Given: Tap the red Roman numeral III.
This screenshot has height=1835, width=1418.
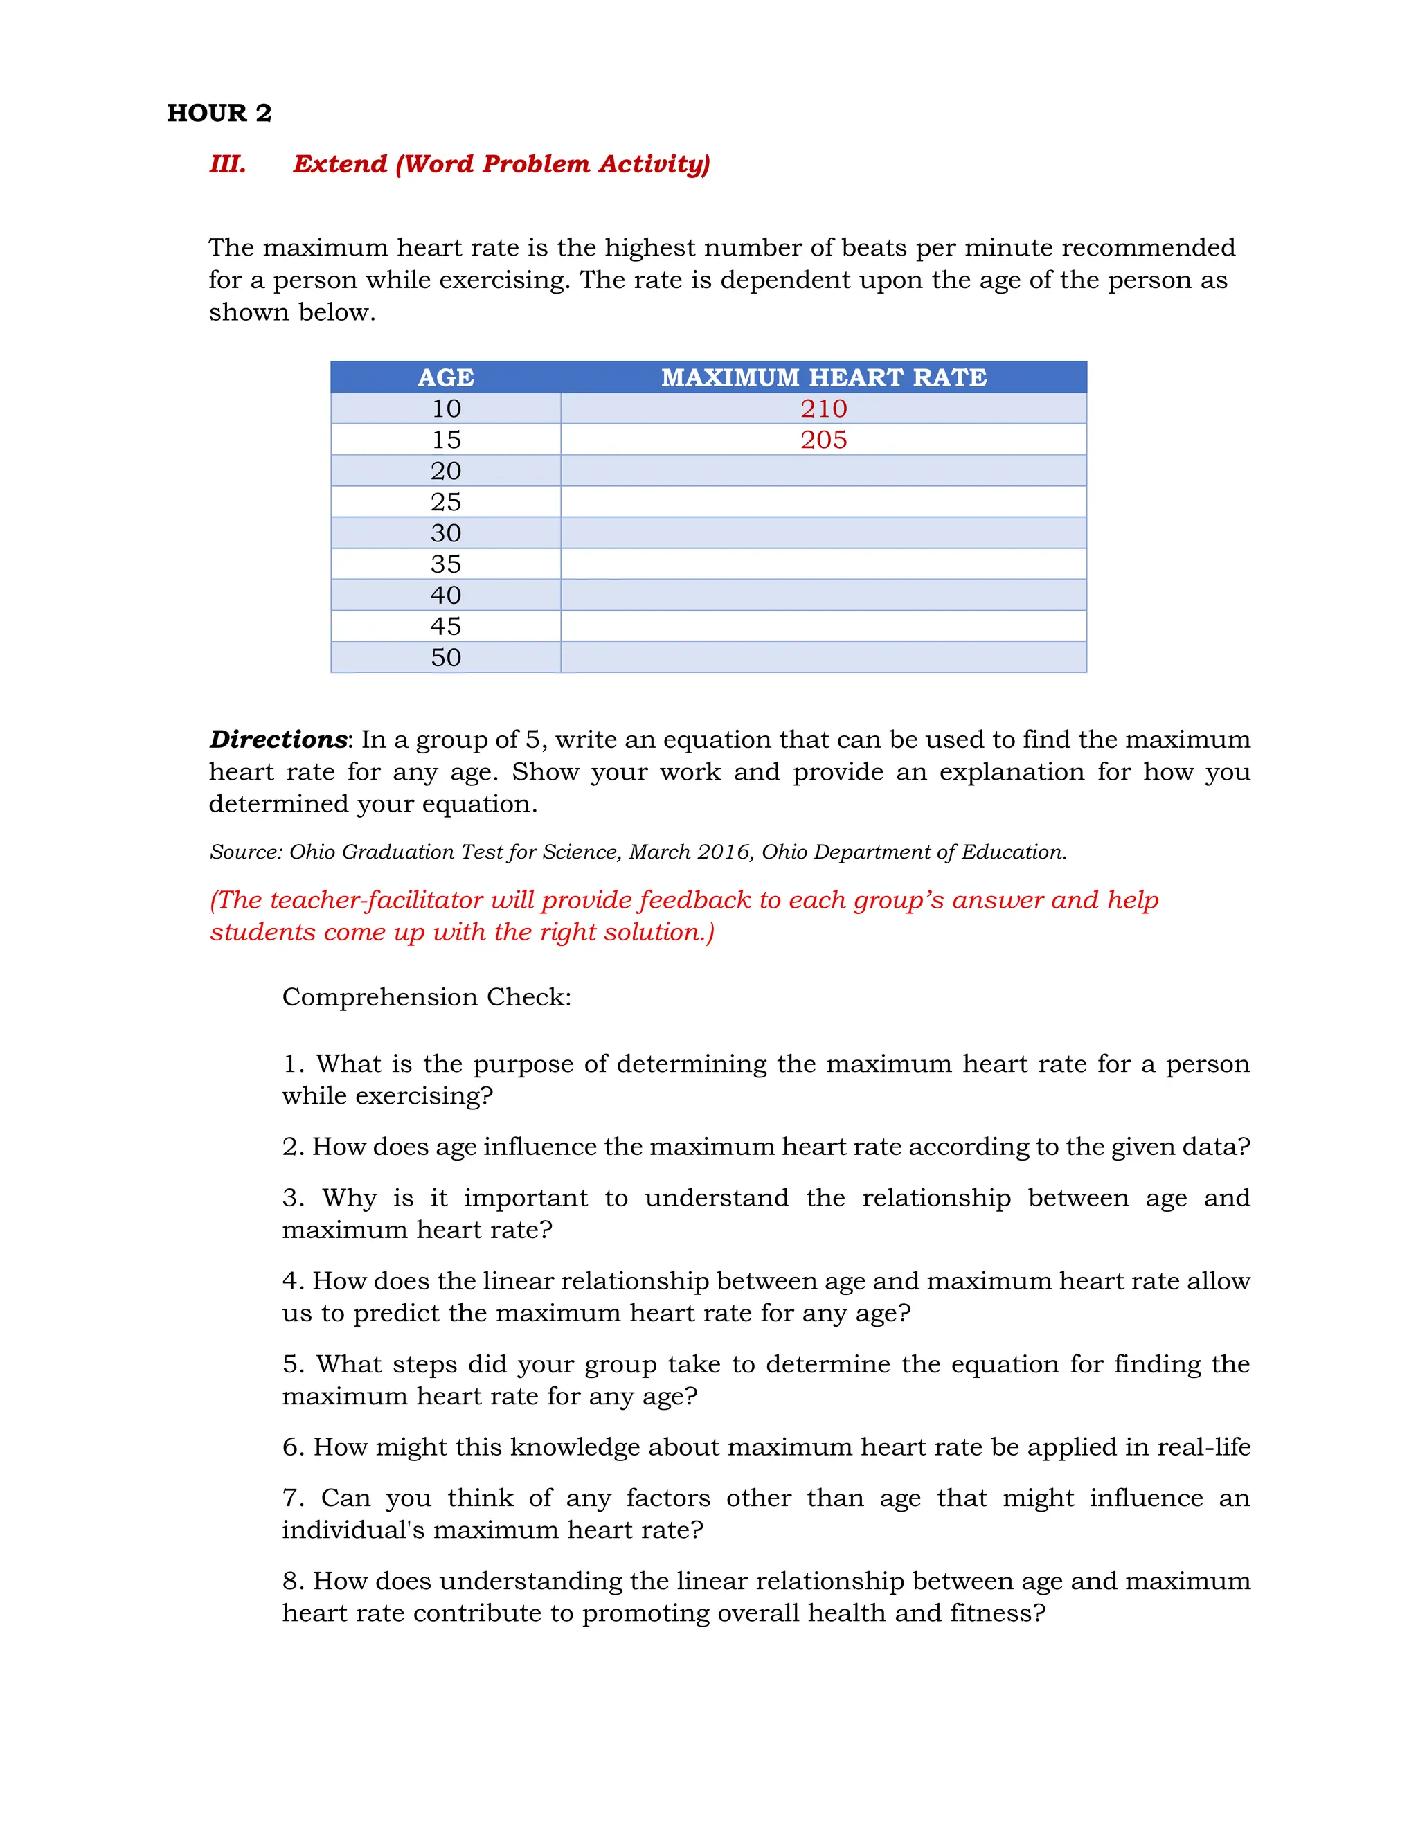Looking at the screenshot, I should pyautogui.click(x=228, y=164).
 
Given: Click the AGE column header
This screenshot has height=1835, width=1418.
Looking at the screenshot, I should pyautogui.click(x=445, y=377).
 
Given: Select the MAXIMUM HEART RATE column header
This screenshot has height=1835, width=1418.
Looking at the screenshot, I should pyautogui.click(x=823, y=377).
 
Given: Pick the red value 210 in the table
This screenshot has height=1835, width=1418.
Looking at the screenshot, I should pyautogui.click(x=823, y=409).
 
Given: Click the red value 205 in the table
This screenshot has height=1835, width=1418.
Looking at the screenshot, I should pyautogui.click(x=823, y=440).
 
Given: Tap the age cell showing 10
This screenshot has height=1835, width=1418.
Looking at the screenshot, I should pyautogui.click(x=446, y=409).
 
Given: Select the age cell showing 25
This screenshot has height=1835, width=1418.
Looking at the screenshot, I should pyautogui.click(x=446, y=501).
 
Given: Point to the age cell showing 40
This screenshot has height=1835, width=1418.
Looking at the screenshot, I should pyautogui.click(x=446, y=595).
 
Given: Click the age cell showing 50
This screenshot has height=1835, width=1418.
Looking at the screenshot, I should pyautogui.click(x=446, y=657).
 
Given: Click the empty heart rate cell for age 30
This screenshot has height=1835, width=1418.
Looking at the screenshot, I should pyautogui.click(x=823, y=532).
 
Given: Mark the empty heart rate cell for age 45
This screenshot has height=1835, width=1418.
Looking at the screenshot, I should pyautogui.click(x=823, y=626).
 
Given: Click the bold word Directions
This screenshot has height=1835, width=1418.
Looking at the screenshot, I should pyautogui.click(x=278, y=740).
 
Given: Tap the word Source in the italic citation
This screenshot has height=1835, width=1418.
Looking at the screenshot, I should pyautogui.click(x=245, y=852).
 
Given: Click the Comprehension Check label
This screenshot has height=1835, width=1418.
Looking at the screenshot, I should pyautogui.click(x=426, y=996).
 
